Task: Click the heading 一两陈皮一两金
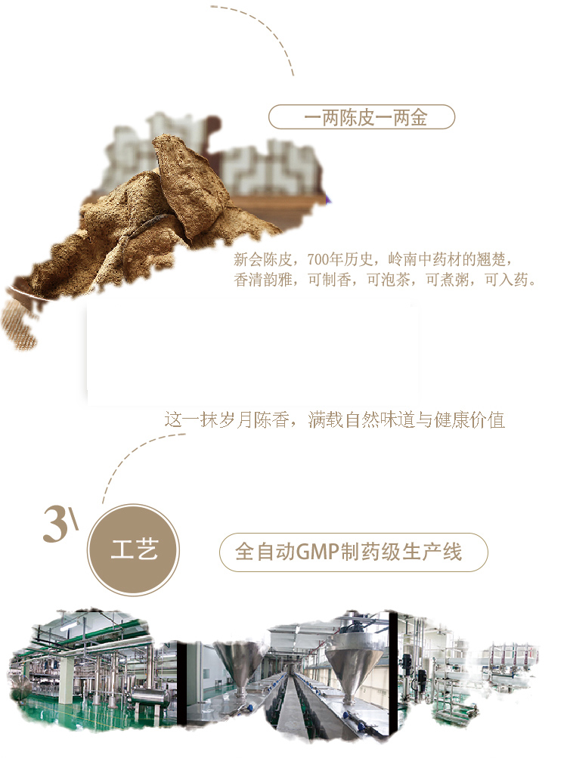coord(365,117)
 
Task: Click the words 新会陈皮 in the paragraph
coord(262,260)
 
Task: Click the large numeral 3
coord(55,524)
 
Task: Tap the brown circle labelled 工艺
coord(133,550)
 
